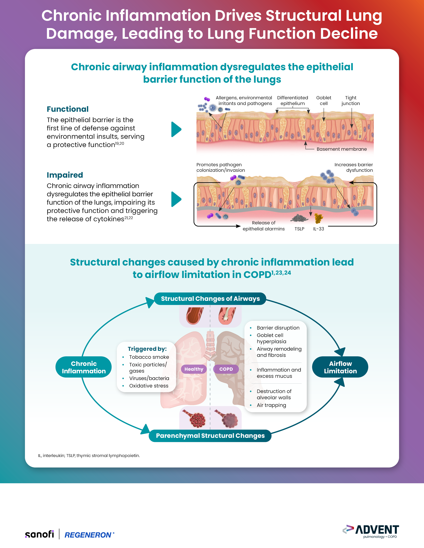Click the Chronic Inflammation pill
(84, 367)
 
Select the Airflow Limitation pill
(340, 367)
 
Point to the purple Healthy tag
(194, 369)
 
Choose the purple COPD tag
(226, 369)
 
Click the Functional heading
(68, 109)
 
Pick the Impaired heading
(65, 175)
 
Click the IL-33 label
(319, 229)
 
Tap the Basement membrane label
(342, 149)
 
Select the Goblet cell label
(324, 100)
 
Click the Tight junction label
(351, 100)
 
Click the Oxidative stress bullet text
(149, 386)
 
